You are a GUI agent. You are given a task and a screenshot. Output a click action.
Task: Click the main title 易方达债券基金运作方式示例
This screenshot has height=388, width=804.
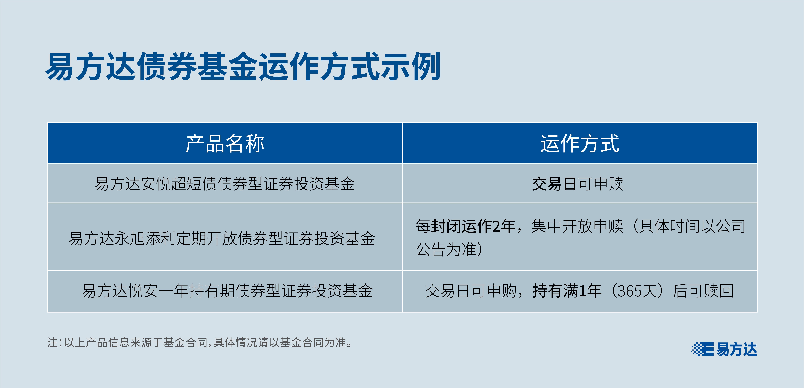[x=243, y=66]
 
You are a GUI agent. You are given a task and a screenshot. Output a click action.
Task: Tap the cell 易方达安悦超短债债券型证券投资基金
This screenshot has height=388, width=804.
[x=225, y=184]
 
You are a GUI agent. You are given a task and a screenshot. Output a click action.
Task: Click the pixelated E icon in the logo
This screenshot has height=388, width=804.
[x=702, y=349]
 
